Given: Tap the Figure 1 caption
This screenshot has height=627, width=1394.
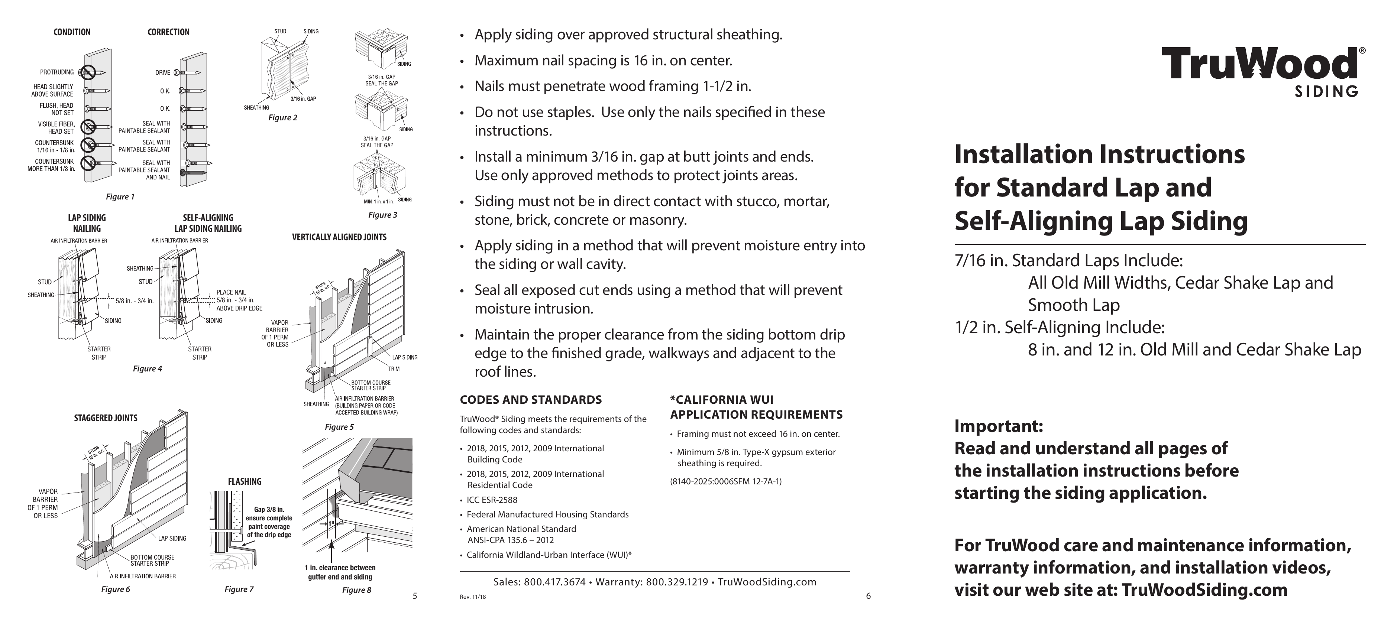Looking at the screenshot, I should coord(120,197).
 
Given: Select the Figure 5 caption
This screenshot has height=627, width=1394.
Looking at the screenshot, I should coord(339,427).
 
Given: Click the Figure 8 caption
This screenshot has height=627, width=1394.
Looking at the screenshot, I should coord(357,590).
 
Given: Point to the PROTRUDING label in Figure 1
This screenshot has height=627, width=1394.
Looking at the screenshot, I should coord(57,72).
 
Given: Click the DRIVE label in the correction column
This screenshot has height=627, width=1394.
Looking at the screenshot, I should coord(163,72).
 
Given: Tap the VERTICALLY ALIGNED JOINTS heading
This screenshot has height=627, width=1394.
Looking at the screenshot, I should coord(339,237).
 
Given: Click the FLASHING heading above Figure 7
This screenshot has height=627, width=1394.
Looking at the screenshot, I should coord(245,481).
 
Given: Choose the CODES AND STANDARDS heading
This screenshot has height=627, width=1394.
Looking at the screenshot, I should coord(530,400).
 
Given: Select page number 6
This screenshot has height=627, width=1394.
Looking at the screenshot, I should coord(869,596).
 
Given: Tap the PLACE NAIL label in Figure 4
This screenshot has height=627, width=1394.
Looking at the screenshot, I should coord(231,292).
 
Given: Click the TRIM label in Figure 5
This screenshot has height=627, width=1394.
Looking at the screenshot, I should coord(394,369).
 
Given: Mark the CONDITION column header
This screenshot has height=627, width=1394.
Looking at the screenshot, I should coord(72,32).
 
